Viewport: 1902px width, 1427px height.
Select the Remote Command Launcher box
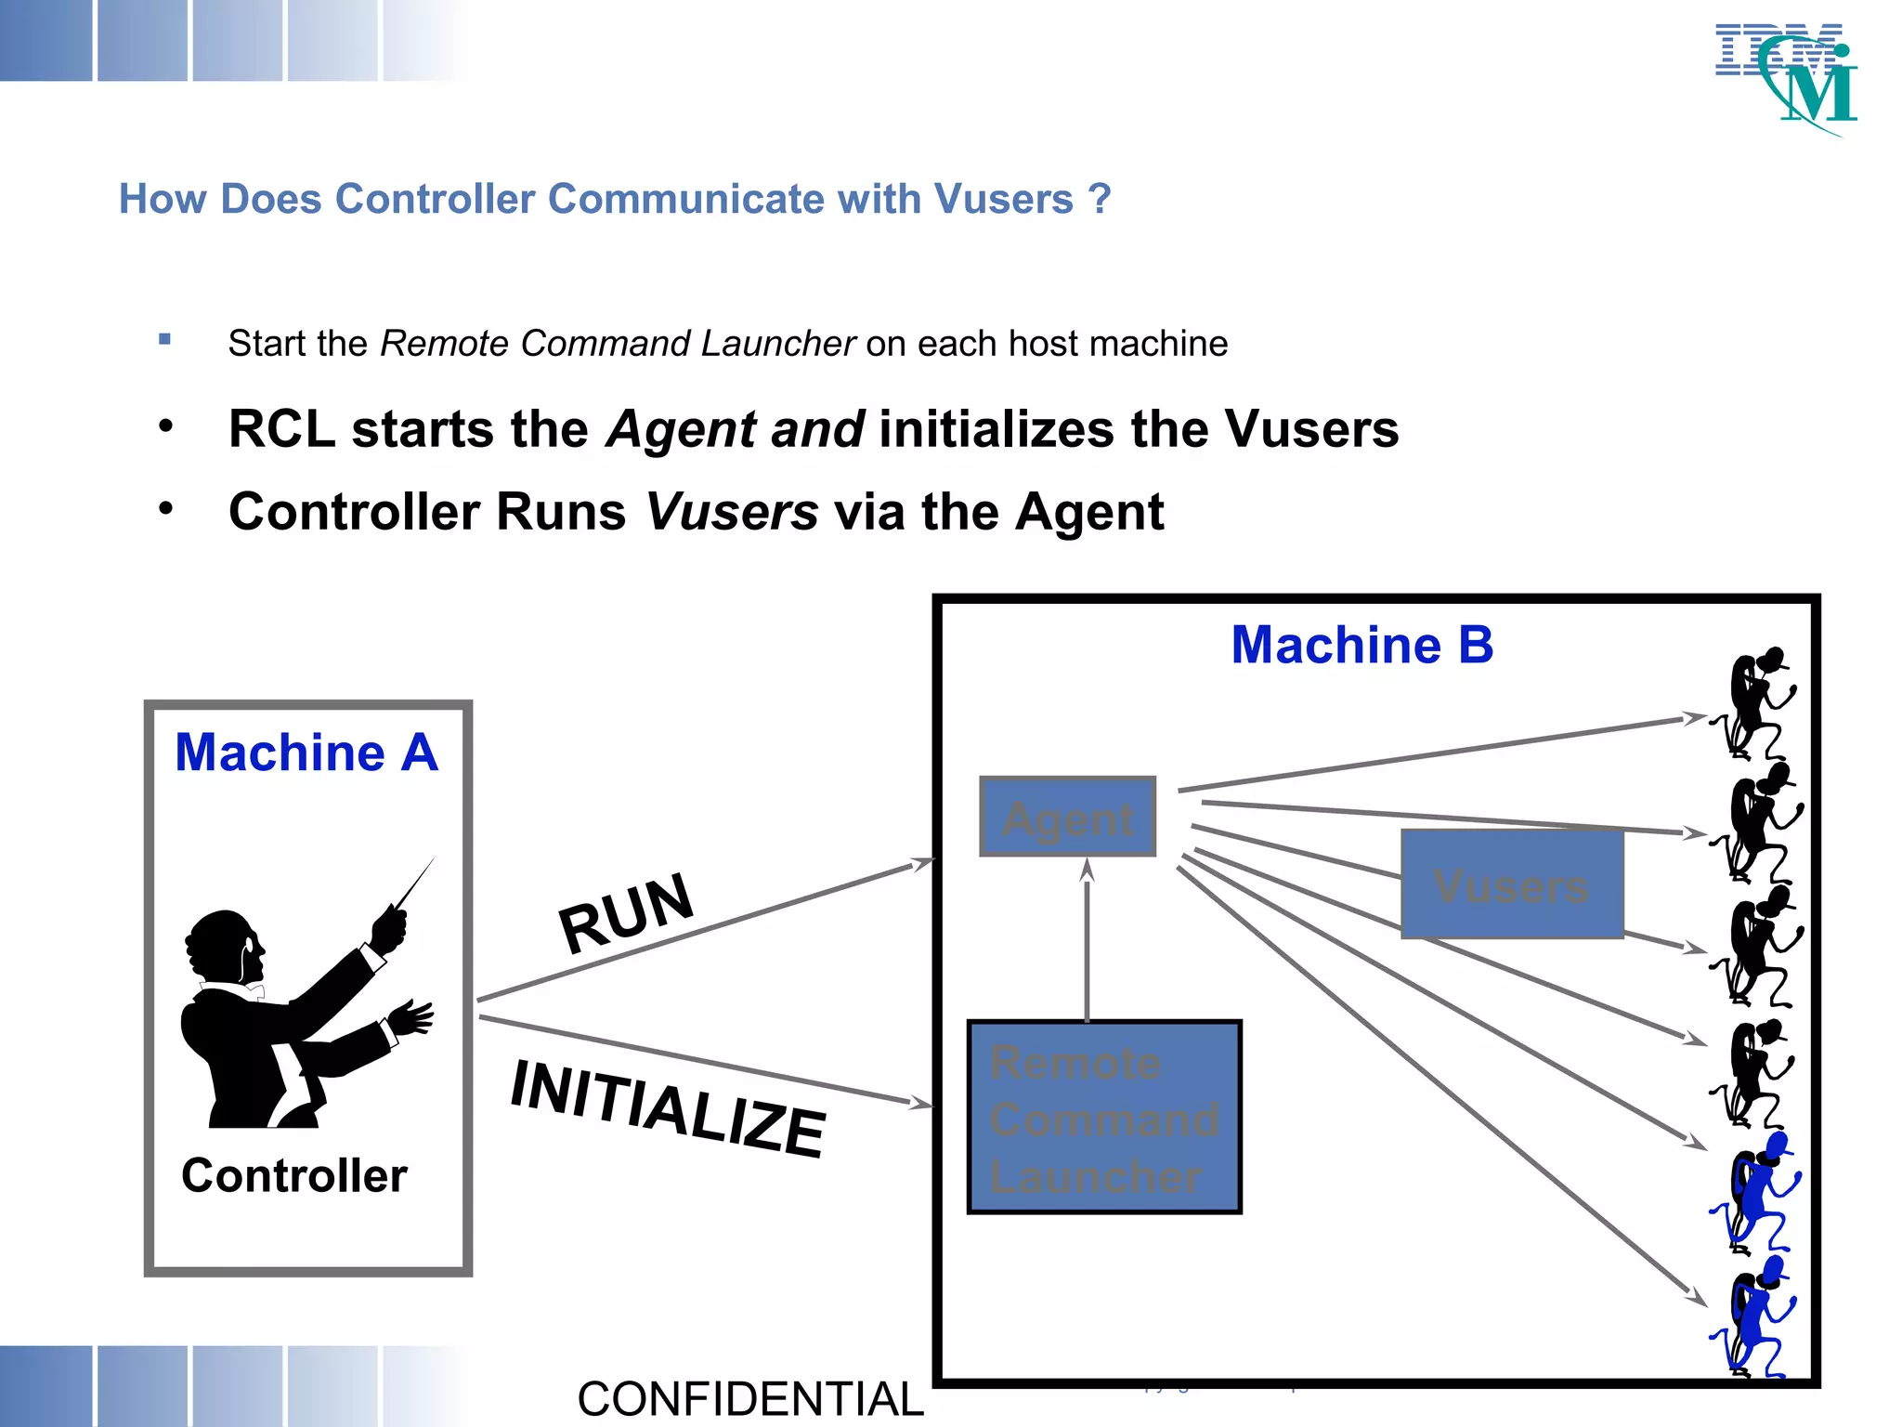coord(1104,1118)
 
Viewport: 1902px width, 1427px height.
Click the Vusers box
coord(1512,884)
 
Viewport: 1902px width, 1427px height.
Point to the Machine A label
coord(306,753)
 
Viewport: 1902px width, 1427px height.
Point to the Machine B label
coord(1361,645)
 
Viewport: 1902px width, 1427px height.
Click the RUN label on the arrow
coord(626,912)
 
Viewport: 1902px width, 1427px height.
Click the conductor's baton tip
coord(434,859)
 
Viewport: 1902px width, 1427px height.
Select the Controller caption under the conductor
coord(294,1175)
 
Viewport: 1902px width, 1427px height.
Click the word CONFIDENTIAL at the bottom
coord(750,1399)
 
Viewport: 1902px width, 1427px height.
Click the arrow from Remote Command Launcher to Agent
coord(1088,938)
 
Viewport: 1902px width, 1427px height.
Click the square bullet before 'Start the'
coord(164,339)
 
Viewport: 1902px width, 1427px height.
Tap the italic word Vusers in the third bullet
coord(732,512)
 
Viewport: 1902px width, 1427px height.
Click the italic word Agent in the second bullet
coord(681,430)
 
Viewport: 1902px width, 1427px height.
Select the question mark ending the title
coord(1100,199)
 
